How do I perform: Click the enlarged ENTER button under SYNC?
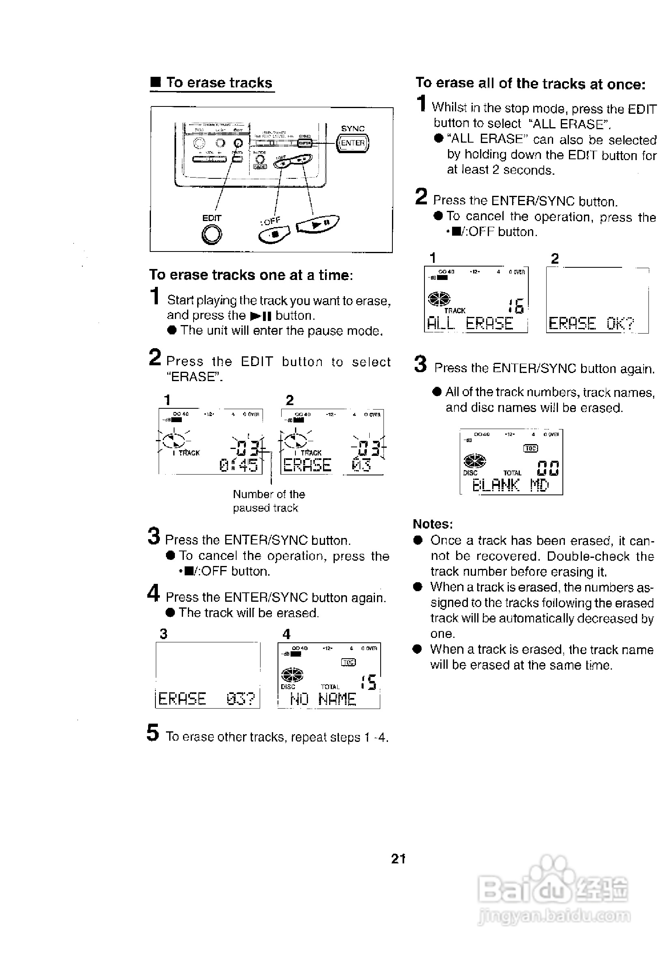point(353,143)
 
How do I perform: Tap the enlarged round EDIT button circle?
point(212,234)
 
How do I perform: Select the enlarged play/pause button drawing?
point(317,225)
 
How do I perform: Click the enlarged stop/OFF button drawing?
point(274,235)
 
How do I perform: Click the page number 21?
point(398,859)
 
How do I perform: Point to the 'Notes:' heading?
point(433,524)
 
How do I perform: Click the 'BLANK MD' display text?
point(510,484)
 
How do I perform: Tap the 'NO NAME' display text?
point(323,699)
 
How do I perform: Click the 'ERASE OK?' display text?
point(591,323)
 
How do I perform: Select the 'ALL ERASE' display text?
point(470,323)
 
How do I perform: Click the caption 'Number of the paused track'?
point(268,501)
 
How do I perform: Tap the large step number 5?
point(153,733)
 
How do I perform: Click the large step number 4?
point(153,593)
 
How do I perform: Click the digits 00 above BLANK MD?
point(547,468)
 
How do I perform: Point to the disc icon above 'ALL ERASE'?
point(439,298)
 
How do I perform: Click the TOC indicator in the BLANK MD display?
point(531,448)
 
